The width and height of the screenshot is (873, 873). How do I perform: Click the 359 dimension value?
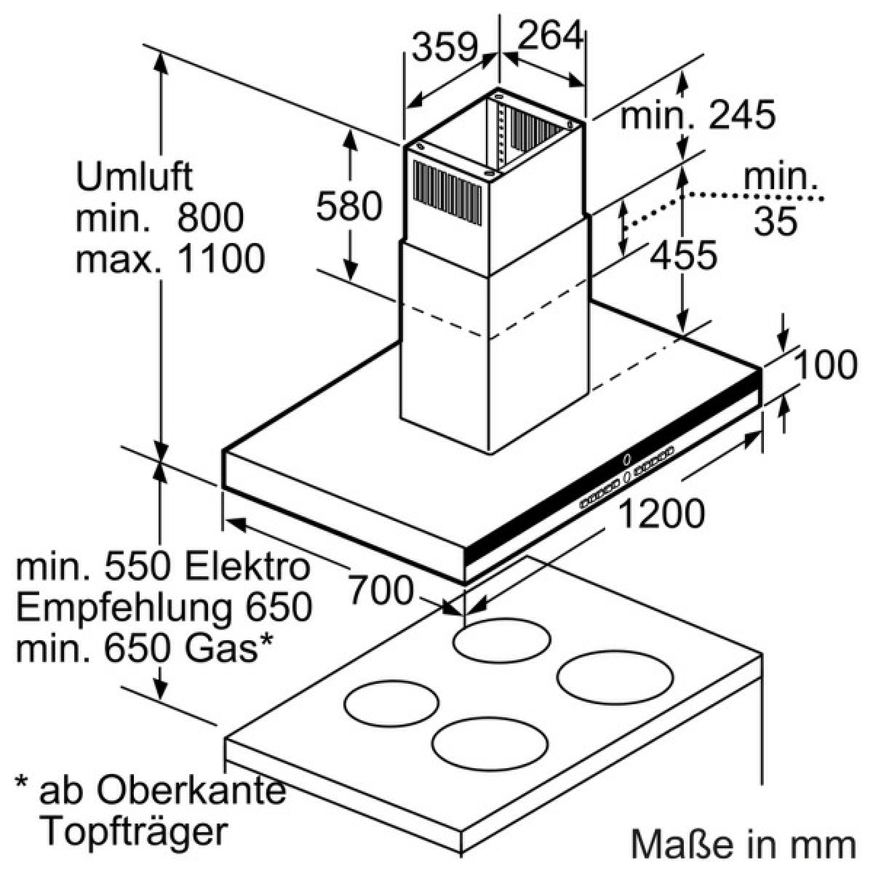point(445,47)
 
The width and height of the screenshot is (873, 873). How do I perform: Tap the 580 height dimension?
point(349,206)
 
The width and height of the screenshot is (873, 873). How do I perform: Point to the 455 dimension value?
point(683,255)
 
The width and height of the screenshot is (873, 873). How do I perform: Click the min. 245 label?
point(698,115)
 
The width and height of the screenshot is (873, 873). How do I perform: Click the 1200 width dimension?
point(661,514)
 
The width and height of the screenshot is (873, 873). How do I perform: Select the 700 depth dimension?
point(380,589)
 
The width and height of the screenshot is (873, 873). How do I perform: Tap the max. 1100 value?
point(170,258)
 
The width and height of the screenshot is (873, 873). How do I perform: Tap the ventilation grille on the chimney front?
point(447,193)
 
